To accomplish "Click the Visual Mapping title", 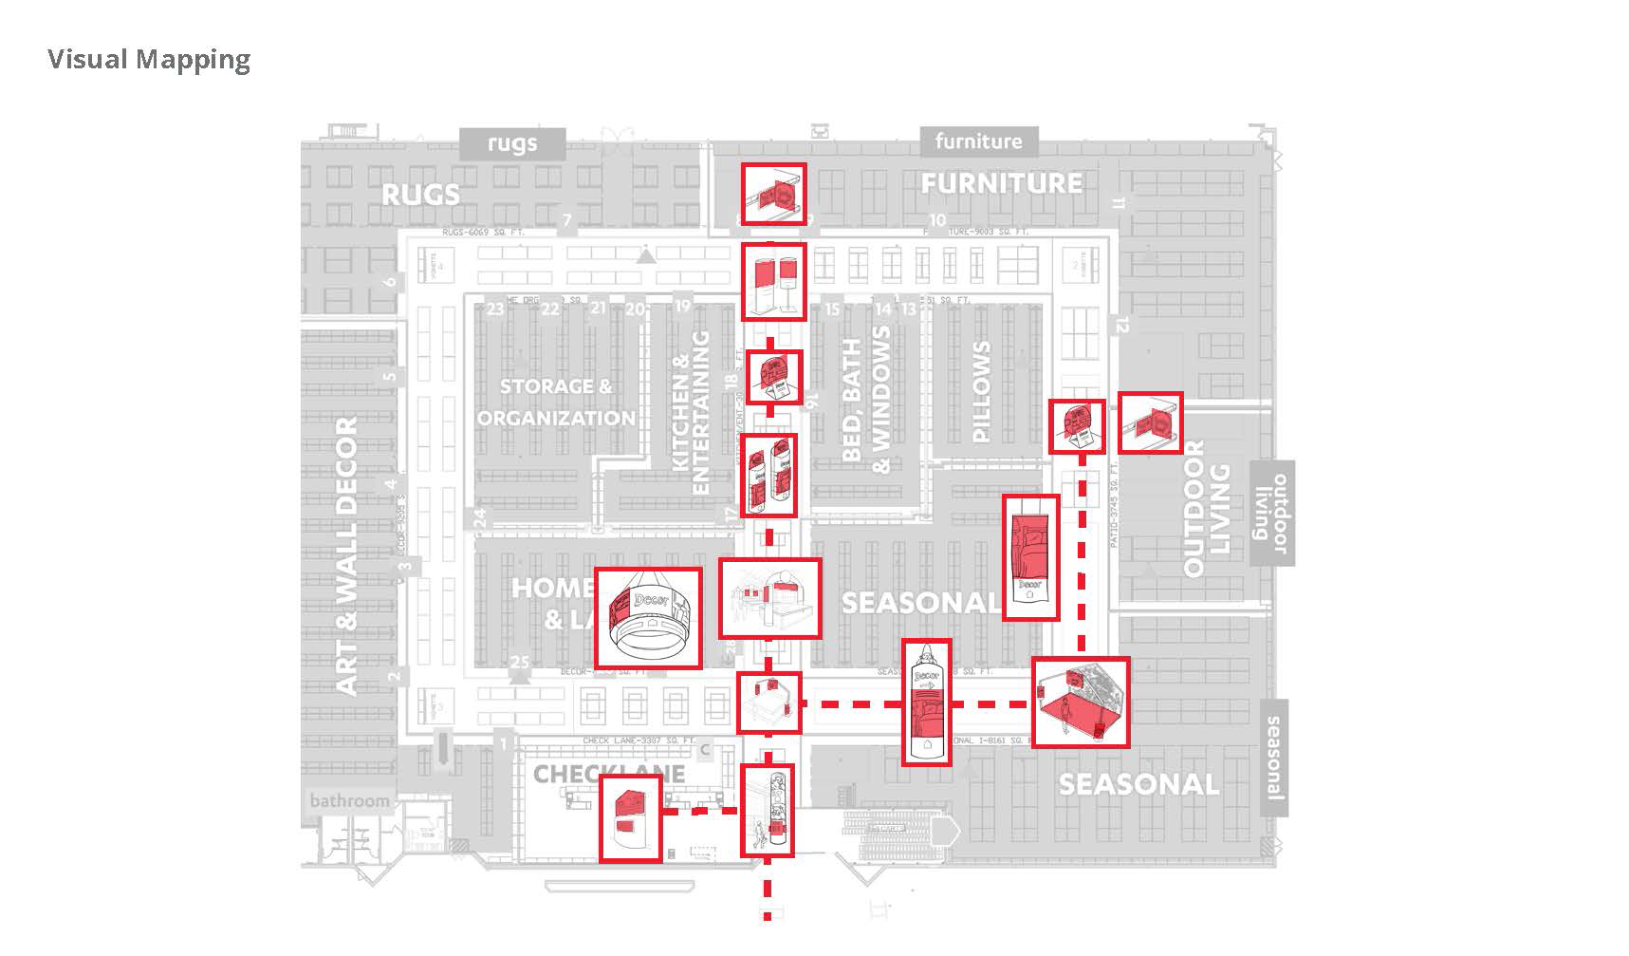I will (x=149, y=59).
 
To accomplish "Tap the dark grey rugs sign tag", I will (x=512, y=143).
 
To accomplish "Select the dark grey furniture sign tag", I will (x=978, y=141).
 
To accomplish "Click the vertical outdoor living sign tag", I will (x=1271, y=513).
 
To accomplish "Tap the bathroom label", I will (x=349, y=800).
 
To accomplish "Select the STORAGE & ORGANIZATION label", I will (x=556, y=402).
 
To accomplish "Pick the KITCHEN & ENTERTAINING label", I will (x=691, y=413).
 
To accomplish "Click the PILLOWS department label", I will (x=981, y=391).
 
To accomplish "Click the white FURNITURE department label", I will (x=1002, y=183).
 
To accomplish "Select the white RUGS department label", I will (x=420, y=195).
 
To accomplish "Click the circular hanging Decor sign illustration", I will (x=648, y=618).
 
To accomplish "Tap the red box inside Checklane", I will (x=630, y=817).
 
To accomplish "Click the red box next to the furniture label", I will (x=773, y=194).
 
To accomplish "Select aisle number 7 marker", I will (x=566, y=221).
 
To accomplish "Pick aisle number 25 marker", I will (x=520, y=662).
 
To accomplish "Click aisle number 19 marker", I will (x=682, y=305).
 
